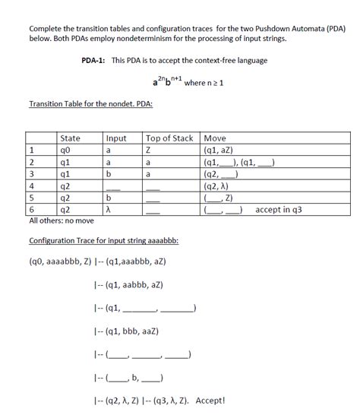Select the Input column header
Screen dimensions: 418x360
click(x=116, y=138)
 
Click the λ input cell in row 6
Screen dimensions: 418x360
click(x=109, y=209)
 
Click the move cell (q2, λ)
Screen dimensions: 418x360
click(x=220, y=185)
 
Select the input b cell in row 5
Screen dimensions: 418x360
click(x=109, y=197)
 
